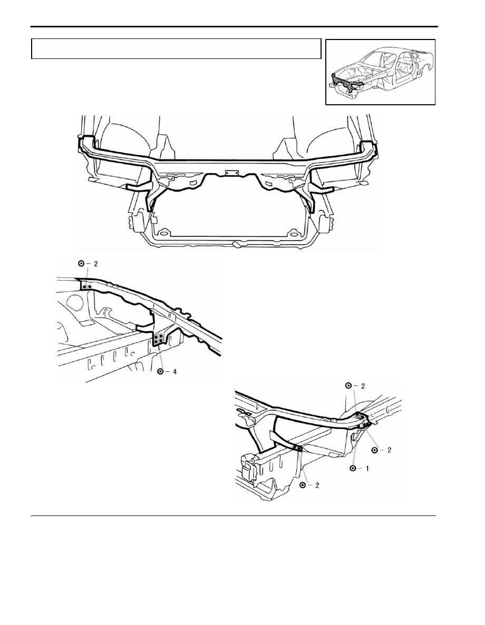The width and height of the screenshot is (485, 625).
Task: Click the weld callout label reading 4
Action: click(x=167, y=372)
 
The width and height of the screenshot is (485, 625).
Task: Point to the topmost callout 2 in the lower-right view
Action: click(x=355, y=386)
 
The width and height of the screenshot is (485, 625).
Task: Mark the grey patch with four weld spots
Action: click(x=159, y=339)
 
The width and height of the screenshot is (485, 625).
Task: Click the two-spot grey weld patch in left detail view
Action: click(x=88, y=286)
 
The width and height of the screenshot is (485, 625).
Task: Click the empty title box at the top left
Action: click(x=176, y=48)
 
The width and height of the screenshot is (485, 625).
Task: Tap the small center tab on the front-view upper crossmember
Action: click(x=231, y=173)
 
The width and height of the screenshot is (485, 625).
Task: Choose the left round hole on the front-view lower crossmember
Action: click(x=163, y=233)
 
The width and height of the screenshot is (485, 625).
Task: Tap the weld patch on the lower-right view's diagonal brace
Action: click(x=297, y=448)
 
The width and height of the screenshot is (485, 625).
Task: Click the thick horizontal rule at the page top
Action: click(x=234, y=27)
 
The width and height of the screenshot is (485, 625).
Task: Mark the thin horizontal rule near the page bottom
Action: click(x=233, y=516)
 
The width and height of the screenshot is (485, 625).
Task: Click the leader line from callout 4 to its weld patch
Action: click(x=160, y=356)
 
